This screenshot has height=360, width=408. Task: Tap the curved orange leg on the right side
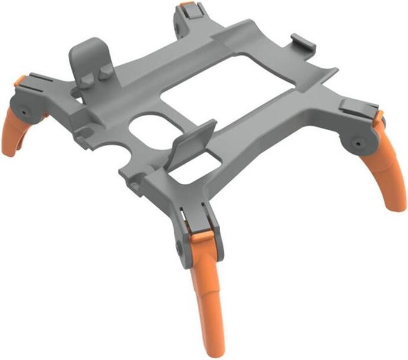click(392, 171)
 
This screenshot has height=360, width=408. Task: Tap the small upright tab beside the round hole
click(192, 141)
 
